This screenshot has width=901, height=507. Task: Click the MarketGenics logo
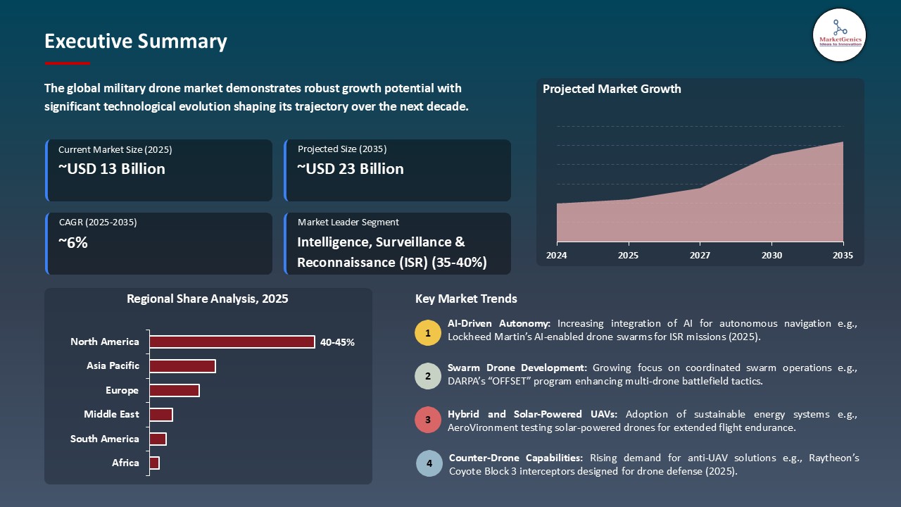pos(839,35)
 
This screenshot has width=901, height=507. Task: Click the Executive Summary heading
pos(136,42)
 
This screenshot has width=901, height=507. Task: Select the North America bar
pos(232,342)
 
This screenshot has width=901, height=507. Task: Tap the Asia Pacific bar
pos(182,366)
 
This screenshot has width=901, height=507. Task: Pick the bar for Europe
pos(175,390)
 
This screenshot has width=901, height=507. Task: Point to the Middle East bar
pos(161,415)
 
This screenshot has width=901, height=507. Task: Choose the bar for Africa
pos(155,463)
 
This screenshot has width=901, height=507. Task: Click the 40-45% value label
pos(337,342)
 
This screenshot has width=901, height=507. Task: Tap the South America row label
pos(105,439)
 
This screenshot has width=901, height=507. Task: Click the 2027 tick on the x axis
pos(700,256)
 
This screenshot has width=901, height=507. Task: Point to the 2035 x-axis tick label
pos(842,256)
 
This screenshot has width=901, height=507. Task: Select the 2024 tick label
pos(556,256)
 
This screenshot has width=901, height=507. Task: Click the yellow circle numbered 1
pos(428,333)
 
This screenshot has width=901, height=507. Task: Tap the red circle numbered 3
pos(428,420)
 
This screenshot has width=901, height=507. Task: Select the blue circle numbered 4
pos(429,464)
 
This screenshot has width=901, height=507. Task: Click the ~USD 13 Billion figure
pos(112,169)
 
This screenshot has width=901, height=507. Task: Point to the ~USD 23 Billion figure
pos(351,169)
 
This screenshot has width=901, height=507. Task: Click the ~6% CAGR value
pos(73,243)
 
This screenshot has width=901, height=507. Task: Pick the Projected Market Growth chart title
pos(612,89)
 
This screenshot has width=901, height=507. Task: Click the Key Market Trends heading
pos(466,299)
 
